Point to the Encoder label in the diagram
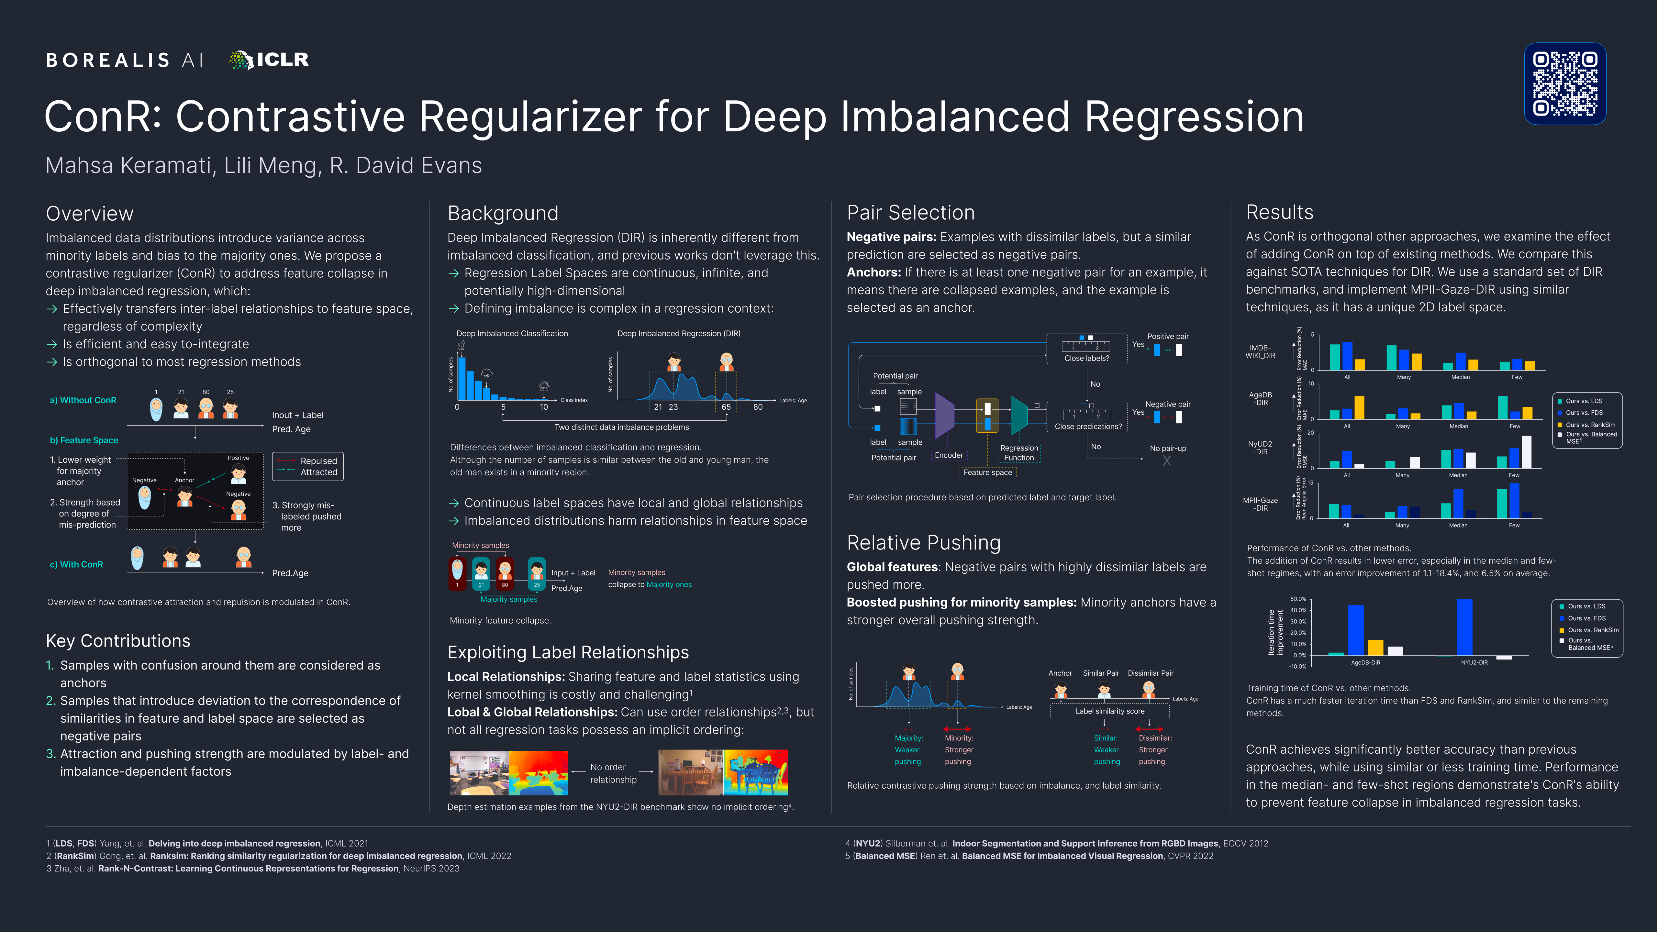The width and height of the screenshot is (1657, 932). click(949, 455)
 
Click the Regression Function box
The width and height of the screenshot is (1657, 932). click(1019, 453)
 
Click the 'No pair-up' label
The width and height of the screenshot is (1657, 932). click(1167, 448)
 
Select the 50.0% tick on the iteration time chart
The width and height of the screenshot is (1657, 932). click(1297, 599)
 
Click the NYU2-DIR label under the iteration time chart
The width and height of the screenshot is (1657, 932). click(1474, 662)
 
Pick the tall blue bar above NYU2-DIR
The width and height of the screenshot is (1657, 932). click(1464, 627)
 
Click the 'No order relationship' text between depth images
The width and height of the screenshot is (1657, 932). click(613, 773)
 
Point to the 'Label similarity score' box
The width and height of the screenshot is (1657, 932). click(1110, 711)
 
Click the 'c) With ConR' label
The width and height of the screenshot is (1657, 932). click(77, 565)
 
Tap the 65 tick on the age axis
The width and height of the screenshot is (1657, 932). click(726, 407)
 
